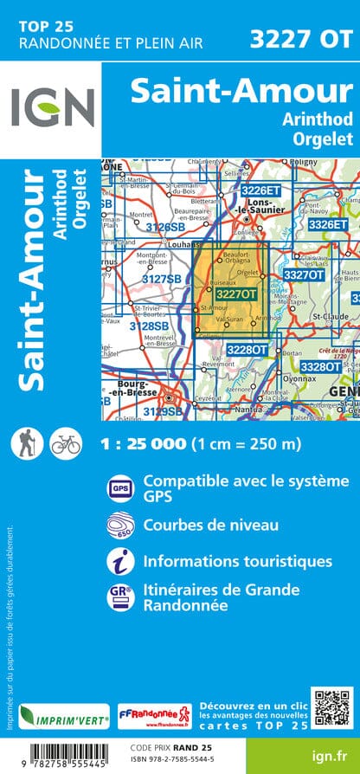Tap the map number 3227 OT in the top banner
click(x=300, y=37)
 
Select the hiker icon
click(x=27, y=444)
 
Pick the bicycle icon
click(x=65, y=444)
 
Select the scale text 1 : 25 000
click(x=144, y=444)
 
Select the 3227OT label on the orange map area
click(x=236, y=294)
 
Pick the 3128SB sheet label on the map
click(x=150, y=326)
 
